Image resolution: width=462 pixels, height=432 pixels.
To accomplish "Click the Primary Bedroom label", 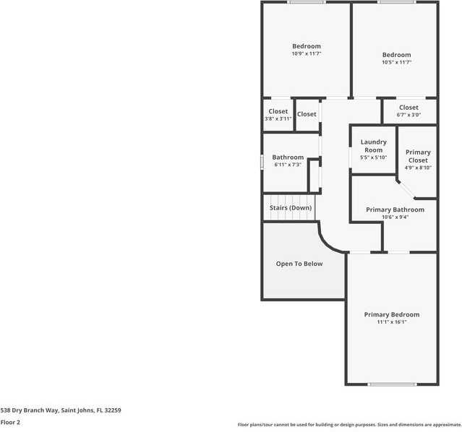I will [391, 314].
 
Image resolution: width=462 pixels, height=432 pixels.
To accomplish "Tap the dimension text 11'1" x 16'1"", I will [391, 322].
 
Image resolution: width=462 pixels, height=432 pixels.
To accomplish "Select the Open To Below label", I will [299, 264].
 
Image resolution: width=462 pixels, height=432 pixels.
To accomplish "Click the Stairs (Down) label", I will [291, 208].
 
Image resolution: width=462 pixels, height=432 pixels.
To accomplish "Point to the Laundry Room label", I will [373, 146].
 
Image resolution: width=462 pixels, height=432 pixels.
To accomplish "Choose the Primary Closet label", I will [418, 156].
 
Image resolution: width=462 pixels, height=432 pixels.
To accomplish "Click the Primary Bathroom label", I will [395, 209].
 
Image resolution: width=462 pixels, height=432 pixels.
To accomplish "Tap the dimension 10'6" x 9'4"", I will [395, 217].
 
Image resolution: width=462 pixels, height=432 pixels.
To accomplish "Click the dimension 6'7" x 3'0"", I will [408, 115].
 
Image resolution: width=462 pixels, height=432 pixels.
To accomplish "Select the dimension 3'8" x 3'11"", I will [278, 118].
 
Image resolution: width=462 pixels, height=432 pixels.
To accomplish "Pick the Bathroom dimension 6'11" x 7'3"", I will [288, 165].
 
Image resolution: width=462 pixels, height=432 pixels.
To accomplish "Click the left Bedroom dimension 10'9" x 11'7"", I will [306, 53].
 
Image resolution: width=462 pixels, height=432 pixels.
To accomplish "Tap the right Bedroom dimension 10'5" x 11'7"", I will [396, 62].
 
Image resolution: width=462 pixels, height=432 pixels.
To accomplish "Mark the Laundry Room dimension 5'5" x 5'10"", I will [373, 157].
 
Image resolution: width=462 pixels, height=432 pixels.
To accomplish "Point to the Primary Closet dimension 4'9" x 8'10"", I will [418, 168].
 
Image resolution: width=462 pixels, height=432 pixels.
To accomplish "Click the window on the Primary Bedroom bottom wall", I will [391, 384].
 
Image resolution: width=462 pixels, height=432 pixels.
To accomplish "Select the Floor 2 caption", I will [10, 422].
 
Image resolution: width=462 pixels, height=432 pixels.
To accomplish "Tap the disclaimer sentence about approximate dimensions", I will [349, 425].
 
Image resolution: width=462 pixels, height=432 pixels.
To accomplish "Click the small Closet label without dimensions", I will [307, 114].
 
